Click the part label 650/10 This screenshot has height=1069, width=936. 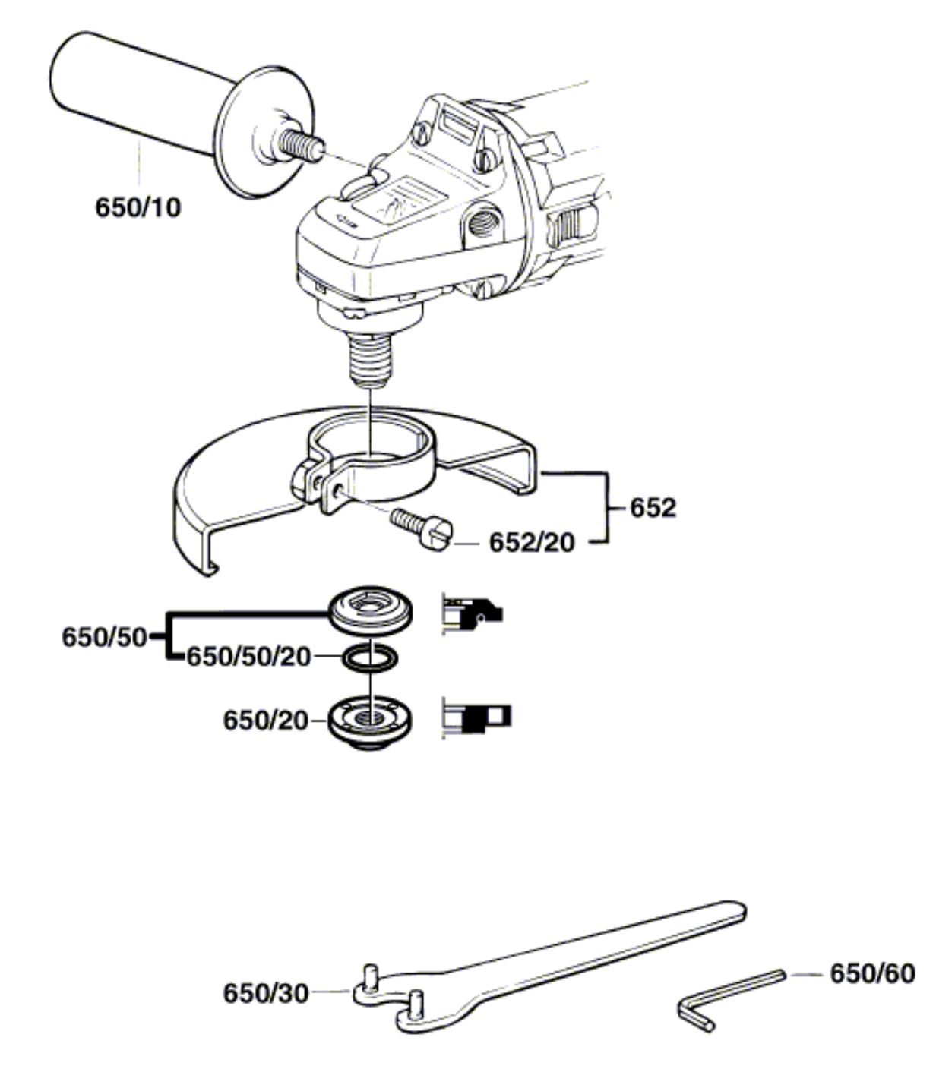(138, 207)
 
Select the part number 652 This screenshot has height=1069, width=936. (652, 507)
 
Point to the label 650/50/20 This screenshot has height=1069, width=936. (249, 656)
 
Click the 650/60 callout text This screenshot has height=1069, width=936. (871, 973)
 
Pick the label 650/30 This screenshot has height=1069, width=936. (266, 992)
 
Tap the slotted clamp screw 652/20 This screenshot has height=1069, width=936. (422, 524)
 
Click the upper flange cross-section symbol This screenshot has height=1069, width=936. (471, 612)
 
